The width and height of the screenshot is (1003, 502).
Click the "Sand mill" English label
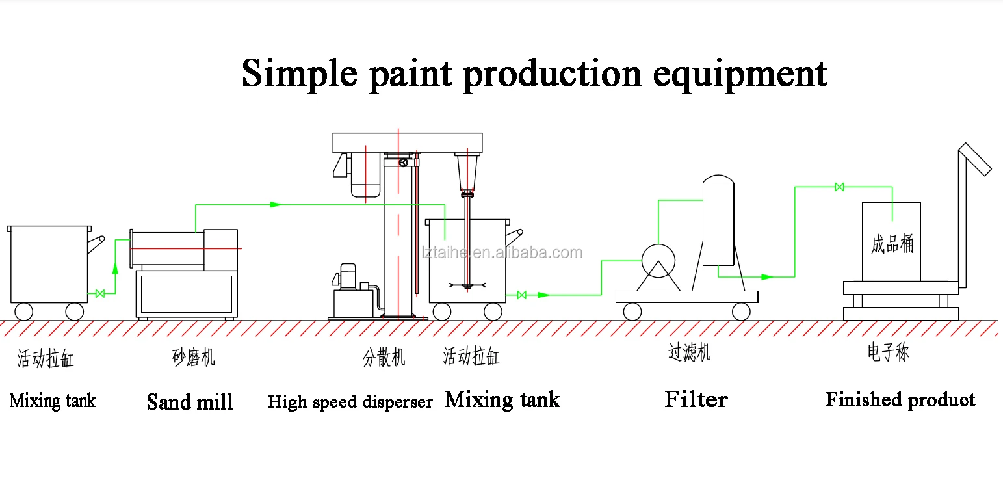(x=190, y=402)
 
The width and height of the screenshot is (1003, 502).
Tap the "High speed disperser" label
(x=350, y=402)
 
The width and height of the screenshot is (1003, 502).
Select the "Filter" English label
(x=696, y=399)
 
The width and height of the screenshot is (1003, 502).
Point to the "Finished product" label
(x=900, y=399)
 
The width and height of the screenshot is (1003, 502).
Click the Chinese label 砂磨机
(x=193, y=357)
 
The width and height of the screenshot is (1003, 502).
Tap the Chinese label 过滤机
(x=689, y=352)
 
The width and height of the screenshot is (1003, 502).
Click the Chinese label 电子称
(x=888, y=352)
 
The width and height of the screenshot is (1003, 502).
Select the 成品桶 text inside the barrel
(x=892, y=244)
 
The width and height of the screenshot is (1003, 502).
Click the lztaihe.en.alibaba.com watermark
(x=501, y=252)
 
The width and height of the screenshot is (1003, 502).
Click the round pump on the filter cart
(x=658, y=261)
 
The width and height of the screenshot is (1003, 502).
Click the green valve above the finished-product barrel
(x=839, y=187)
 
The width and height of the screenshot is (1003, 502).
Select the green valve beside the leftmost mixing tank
(x=99, y=294)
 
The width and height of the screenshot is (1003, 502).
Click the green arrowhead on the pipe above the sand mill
(x=275, y=204)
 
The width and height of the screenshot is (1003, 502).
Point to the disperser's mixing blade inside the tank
(x=467, y=284)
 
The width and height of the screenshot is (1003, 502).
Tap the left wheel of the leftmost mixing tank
(x=24, y=311)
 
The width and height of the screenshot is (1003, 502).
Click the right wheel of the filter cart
(x=740, y=311)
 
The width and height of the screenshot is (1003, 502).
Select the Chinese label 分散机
(x=384, y=357)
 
